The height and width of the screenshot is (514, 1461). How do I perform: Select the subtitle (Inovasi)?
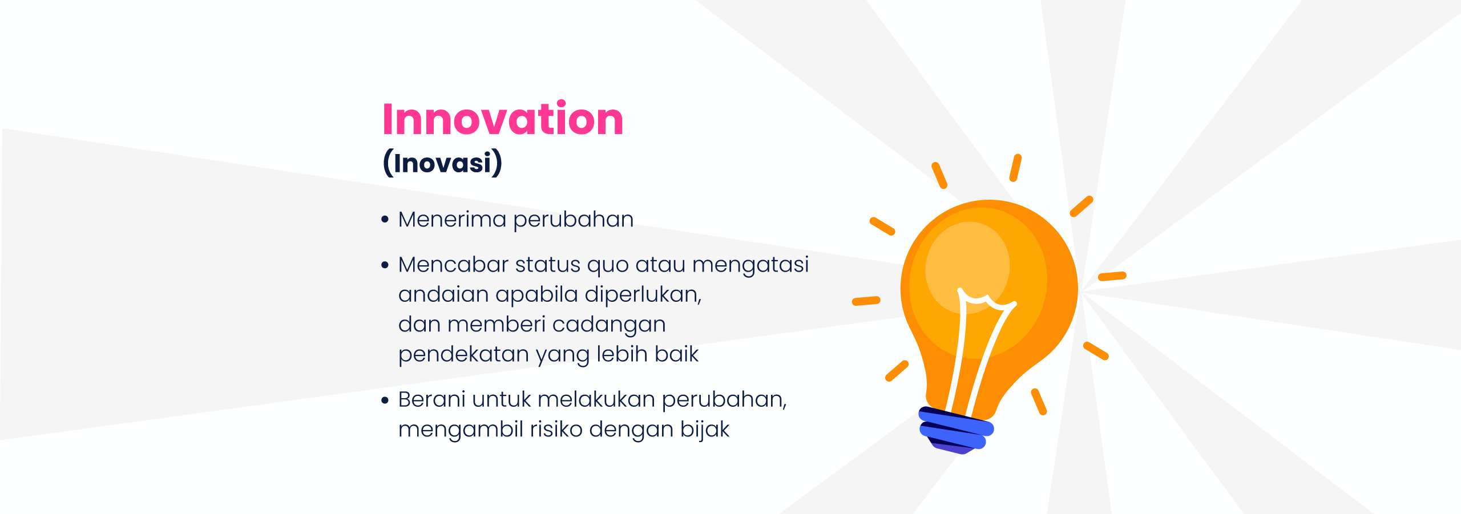pyautogui.click(x=443, y=163)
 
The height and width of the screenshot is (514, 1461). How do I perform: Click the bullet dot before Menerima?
pyautogui.click(x=385, y=219)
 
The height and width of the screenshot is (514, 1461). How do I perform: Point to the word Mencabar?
pyautogui.click(x=453, y=265)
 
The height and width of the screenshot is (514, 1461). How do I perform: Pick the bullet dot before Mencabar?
pyautogui.click(x=385, y=265)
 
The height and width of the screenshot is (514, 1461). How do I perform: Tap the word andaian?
pyautogui.click(x=443, y=294)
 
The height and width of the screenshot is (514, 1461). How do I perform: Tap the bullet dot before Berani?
pyautogui.click(x=385, y=399)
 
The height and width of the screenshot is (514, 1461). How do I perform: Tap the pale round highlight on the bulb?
pyautogui.click(x=967, y=267)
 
